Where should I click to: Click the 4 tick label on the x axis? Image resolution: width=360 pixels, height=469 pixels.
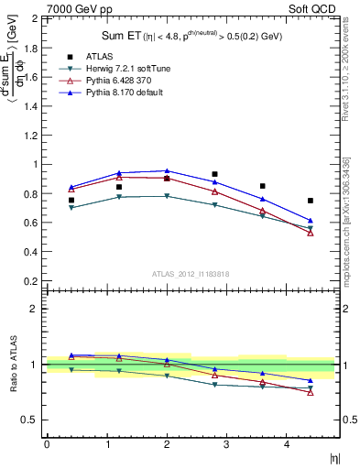[287, 444]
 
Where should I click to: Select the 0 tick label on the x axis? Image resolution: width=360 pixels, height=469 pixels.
[47, 444]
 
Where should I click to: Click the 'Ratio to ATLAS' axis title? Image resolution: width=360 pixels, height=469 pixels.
[12, 364]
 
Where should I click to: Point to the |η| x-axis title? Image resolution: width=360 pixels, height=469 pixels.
[334, 455]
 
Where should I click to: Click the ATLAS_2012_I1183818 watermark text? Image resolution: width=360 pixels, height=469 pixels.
[190, 274]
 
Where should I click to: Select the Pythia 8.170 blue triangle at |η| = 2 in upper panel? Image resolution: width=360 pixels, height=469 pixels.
[167, 171]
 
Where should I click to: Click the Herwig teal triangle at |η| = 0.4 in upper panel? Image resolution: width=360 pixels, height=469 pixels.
[71, 208]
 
